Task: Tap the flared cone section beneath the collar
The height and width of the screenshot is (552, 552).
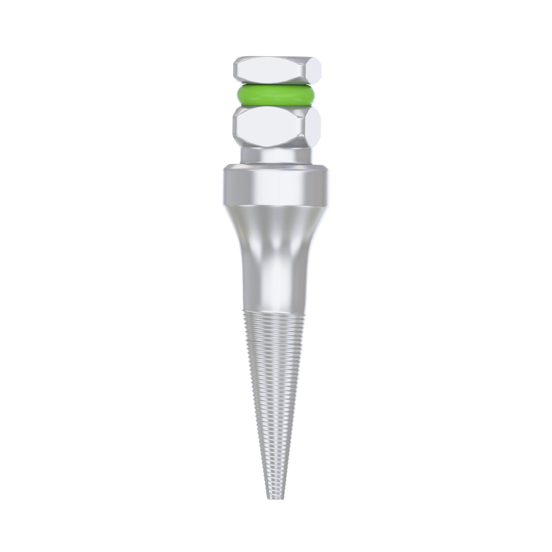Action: [x=276, y=226]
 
